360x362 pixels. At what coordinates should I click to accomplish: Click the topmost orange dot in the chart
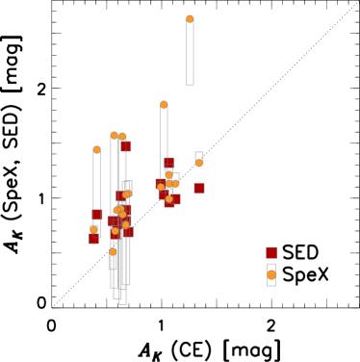(190, 19)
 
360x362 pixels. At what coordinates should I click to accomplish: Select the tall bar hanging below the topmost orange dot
(190, 53)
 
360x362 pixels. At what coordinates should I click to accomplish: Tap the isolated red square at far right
(271, 252)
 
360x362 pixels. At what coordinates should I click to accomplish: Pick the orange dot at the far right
(271, 275)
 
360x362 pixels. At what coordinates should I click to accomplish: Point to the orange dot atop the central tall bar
(164, 105)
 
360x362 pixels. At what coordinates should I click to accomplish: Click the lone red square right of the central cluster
(199, 188)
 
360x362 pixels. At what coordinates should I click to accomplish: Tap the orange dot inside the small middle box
(199, 163)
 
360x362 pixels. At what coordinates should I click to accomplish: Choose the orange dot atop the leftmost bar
(97, 150)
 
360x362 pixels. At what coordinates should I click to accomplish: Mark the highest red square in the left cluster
(126, 146)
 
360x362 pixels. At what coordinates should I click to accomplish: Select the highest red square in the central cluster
(168, 163)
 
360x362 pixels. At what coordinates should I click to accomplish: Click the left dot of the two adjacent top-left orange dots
(114, 136)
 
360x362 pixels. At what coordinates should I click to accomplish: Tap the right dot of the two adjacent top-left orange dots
(122, 137)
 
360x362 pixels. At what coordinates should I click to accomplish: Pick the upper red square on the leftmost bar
(97, 215)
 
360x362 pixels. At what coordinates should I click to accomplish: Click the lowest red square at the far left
(93, 239)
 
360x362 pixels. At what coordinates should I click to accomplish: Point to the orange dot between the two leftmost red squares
(93, 229)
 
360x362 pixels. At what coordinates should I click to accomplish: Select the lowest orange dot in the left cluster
(113, 252)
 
